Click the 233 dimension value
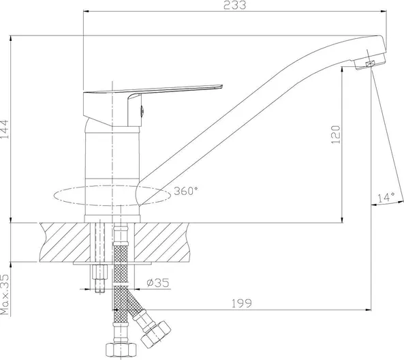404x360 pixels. pos(234,5)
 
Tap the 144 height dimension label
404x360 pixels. pos(4,129)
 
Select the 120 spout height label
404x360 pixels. pos(336,134)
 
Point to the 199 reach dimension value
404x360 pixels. pos(241,303)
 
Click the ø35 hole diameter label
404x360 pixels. pos(157,283)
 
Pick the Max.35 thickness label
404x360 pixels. pos(4,295)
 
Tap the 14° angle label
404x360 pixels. pos(386,197)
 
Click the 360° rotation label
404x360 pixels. pos(186,191)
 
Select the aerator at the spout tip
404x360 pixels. pos(370,61)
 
